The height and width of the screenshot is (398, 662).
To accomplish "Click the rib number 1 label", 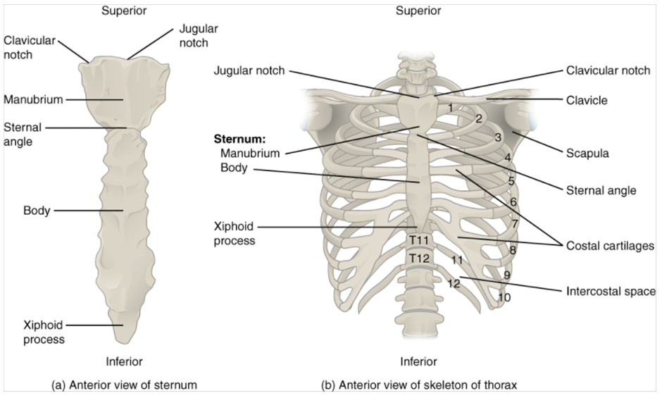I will click(x=450, y=107).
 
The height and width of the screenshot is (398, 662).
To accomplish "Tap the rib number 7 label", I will click(x=515, y=224).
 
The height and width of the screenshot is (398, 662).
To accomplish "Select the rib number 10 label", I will click(x=504, y=297).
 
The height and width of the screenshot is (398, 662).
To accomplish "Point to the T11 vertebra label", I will click(x=418, y=241).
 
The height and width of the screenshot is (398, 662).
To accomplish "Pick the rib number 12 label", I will click(x=454, y=283).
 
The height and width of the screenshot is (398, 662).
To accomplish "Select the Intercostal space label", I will click(x=610, y=291).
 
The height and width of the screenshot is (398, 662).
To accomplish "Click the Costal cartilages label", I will click(x=610, y=246).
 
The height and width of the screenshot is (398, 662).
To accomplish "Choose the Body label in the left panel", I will click(x=36, y=211).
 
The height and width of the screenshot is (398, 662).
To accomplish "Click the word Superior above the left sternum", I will click(x=123, y=11).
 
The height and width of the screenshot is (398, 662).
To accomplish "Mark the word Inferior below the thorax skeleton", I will click(x=418, y=362).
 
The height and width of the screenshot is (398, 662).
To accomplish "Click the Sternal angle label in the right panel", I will click(x=601, y=190).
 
